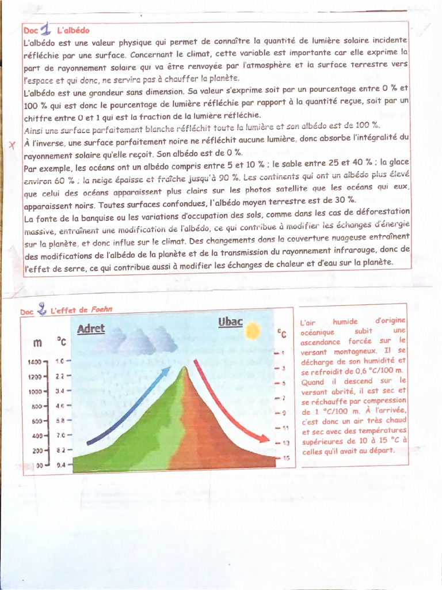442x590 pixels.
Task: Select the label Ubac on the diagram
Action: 230,322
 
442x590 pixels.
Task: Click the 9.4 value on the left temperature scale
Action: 62,464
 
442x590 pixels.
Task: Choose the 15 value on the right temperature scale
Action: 286,458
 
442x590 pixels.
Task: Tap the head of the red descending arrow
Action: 265,439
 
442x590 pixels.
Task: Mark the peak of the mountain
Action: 184,369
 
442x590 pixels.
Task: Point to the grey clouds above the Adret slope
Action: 144,341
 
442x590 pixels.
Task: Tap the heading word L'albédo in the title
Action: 73,30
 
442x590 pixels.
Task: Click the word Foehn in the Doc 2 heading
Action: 102,309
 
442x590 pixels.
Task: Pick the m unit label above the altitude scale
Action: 38,342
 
